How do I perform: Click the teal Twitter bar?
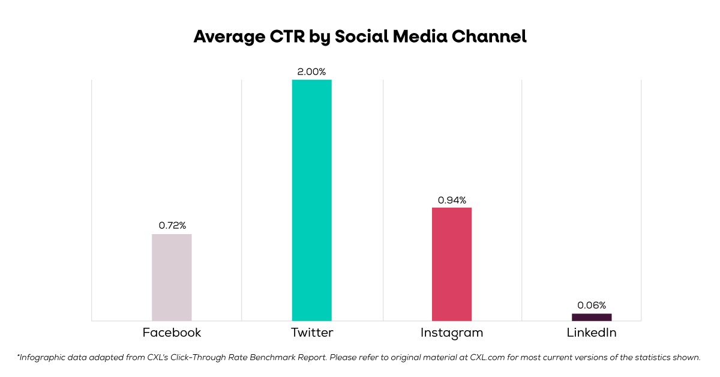pyautogui.click(x=311, y=200)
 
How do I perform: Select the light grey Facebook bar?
pyautogui.click(x=172, y=277)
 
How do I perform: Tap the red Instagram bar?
pyautogui.click(x=452, y=264)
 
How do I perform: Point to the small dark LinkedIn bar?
pyautogui.click(x=592, y=317)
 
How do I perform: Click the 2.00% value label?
pyautogui.click(x=311, y=72)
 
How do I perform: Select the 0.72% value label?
pyautogui.click(x=172, y=226)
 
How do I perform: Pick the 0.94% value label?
pyautogui.click(x=452, y=200)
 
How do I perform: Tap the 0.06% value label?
pyautogui.click(x=592, y=305)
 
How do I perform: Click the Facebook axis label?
pyautogui.click(x=172, y=333)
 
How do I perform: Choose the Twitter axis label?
pyautogui.click(x=311, y=333)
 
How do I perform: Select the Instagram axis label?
pyautogui.click(x=452, y=333)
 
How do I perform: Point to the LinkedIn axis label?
pyautogui.click(x=592, y=333)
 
